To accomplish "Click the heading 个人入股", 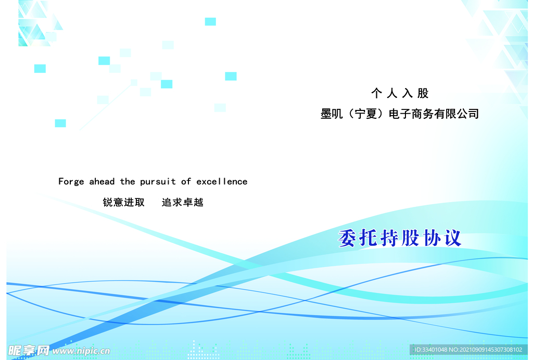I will [400, 93].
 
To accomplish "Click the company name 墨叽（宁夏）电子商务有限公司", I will [399, 114].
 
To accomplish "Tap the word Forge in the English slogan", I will [71, 181].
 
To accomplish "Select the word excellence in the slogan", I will [222, 181].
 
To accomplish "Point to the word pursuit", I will [158, 182].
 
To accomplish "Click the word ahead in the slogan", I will [102, 181].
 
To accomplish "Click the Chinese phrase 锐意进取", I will [124, 202].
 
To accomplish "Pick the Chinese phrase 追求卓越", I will [182, 202].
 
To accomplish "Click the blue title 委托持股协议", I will [400, 238].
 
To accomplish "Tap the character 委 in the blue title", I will [347, 239].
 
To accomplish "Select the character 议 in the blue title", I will [451, 238].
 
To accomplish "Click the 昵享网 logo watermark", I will [29, 350].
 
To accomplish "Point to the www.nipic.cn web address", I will [81, 351].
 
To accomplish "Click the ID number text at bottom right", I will [468, 350].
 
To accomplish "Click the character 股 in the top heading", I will [423, 93].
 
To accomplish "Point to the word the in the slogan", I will [128, 181].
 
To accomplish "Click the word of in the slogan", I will [186, 181].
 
